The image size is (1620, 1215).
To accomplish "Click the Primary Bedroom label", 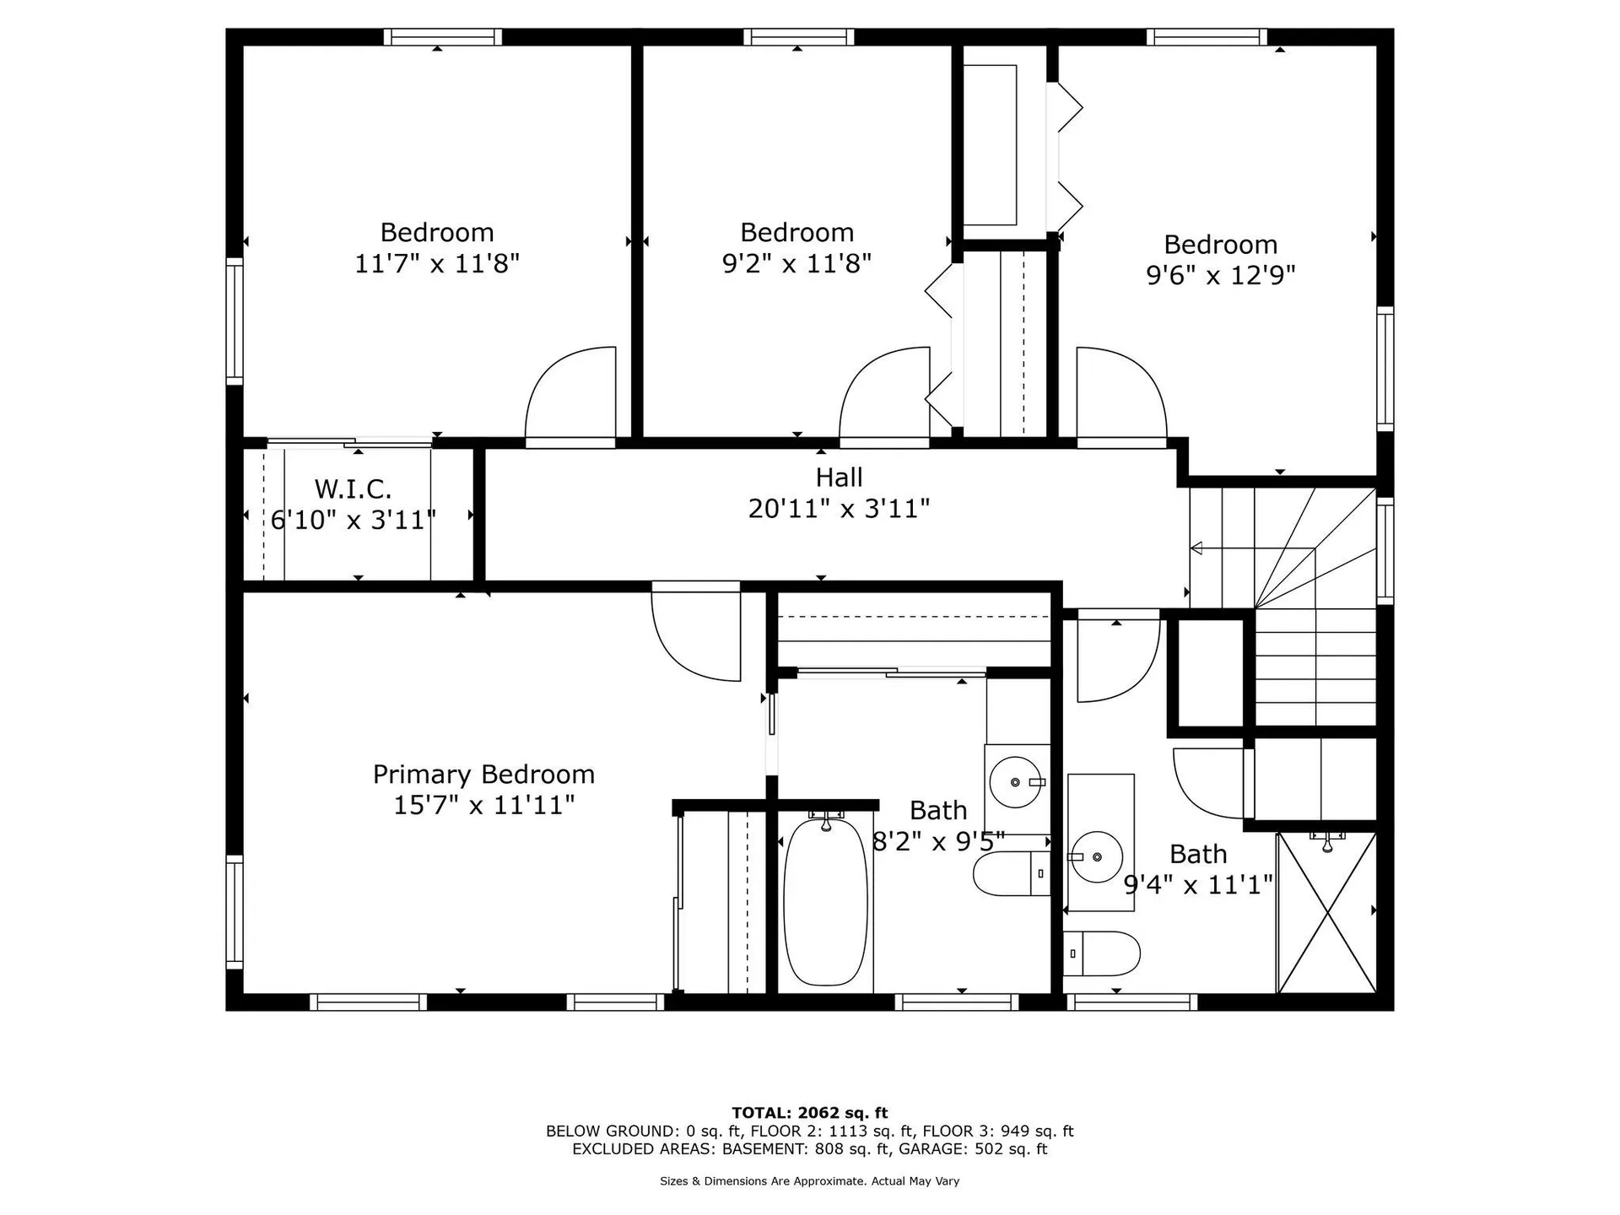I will (x=483, y=774).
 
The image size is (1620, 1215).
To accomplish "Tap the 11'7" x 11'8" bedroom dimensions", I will (x=436, y=263).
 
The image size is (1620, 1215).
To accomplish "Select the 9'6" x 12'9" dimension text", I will (x=1220, y=275).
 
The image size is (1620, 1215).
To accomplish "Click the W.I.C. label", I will (x=353, y=489).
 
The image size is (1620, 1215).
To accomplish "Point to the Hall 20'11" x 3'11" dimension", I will (x=839, y=509).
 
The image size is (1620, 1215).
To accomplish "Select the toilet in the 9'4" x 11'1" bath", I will (x=1101, y=953).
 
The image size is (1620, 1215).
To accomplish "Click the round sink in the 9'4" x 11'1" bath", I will (x=1096, y=856).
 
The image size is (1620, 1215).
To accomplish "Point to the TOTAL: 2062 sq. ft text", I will (x=809, y=1113).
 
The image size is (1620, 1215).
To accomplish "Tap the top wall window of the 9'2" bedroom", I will (x=798, y=37).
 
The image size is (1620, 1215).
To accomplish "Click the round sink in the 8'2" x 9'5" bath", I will (x=1016, y=782).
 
